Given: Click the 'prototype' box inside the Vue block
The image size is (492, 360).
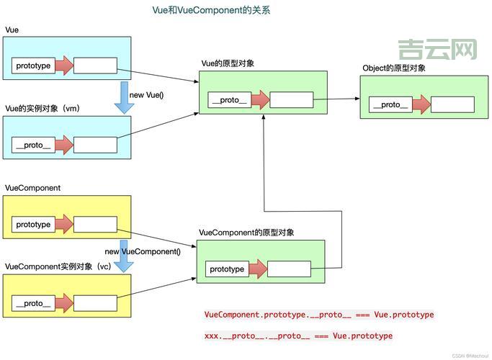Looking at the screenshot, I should (x=33, y=66).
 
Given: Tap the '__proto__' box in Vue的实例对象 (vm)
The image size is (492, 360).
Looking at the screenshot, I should (x=33, y=145).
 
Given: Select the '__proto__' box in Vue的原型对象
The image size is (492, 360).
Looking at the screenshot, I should (x=229, y=100).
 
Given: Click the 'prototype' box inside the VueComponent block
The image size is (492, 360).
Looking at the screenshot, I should (x=33, y=225).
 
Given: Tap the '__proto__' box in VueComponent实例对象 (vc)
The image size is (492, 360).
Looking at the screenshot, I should (x=33, y=303).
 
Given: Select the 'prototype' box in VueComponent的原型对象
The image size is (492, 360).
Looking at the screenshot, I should (x=227, y=269).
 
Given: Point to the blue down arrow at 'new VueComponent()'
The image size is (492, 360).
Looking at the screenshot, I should (x=124, y=256).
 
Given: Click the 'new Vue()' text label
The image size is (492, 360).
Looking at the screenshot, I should (x=148, y=95).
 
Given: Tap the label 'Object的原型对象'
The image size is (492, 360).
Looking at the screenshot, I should (x=394, y=68).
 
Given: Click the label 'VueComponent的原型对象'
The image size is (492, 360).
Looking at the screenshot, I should (x=246, y=233).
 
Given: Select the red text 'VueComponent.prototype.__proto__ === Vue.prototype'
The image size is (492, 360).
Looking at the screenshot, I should (x=319, y=315).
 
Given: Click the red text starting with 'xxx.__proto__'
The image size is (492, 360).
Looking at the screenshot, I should (x=298, y=336).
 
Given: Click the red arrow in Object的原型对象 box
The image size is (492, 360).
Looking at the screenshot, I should (x=420, y=104).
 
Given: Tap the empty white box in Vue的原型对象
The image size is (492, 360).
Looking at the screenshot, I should (x=291, y=100).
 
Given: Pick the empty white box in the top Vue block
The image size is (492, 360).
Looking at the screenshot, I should (x=95, y=66).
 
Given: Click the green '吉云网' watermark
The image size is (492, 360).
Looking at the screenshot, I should (x=437, y=49).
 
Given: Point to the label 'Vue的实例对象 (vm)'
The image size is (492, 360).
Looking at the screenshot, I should (x=42, y=108).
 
